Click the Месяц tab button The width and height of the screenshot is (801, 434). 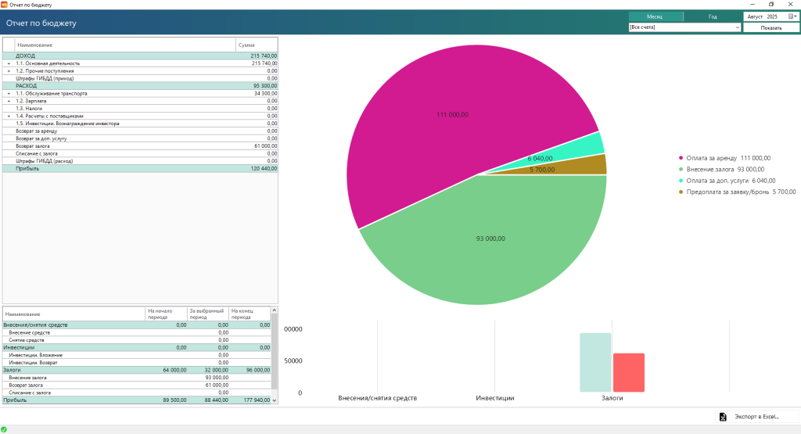tap(656, 16)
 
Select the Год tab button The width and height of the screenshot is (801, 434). tap(713, 16)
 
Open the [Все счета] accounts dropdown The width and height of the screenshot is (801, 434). tap(684, 27)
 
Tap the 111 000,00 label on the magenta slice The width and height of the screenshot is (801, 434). tap(452, 115)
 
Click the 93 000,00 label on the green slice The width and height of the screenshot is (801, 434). tap(490, 239)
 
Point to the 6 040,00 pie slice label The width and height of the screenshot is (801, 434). tap(541, 159)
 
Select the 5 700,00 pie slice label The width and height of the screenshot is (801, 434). tap(541, 170)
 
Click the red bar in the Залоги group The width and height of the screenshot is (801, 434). tap(628, 372)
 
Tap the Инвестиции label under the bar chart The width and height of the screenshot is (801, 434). tap(494, 398)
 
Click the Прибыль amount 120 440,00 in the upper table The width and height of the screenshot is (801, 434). tap(264, 168)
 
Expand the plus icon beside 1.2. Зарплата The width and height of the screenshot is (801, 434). tap(9, 101)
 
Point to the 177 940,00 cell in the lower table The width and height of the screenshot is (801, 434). tap(257, 400)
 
